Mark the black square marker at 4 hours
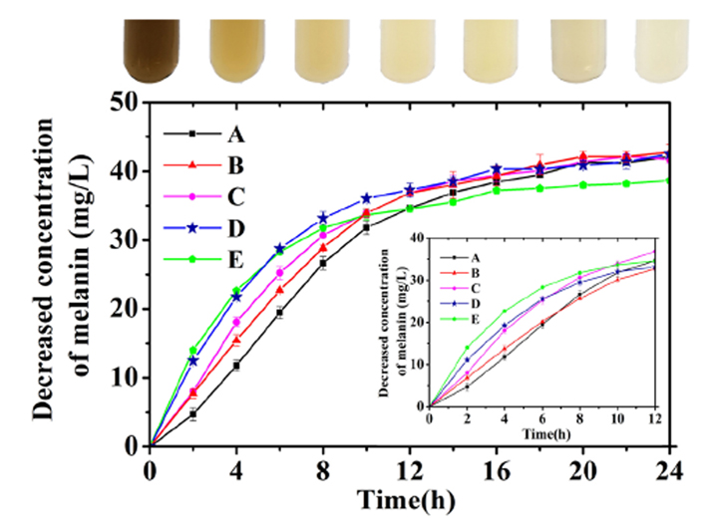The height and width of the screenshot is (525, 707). click(x=236, y=366)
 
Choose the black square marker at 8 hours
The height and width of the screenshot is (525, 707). click(x=322, y=263)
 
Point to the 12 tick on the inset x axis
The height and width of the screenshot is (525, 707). click(x=654, y=419)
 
